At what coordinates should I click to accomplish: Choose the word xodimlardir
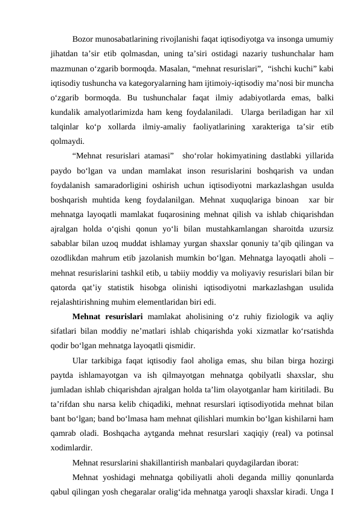[72, 449]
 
